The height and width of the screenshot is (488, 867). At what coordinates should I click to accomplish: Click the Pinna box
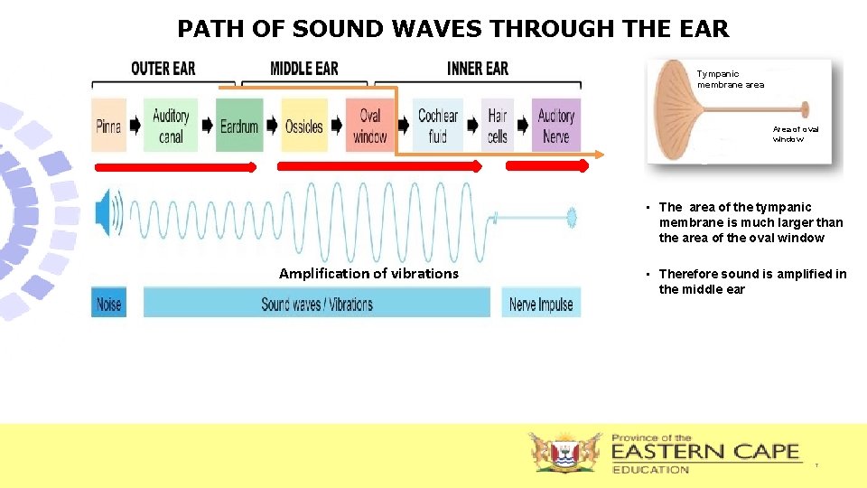click(109, 126)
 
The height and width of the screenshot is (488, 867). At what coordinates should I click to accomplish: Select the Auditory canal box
click(171, 126)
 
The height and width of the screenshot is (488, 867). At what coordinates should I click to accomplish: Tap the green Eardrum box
click(239, 126)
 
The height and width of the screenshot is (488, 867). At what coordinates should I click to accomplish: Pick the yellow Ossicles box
click(304, 126)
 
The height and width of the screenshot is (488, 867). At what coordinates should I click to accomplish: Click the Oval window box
click(370, 126)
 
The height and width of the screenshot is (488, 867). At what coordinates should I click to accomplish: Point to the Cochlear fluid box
click(438, 126)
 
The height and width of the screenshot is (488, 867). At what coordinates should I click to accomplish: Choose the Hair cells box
click(498, 126)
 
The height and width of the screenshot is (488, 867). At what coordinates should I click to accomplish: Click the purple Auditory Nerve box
click(556, 126)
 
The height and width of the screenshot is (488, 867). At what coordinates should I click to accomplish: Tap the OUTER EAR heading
click(163, 69)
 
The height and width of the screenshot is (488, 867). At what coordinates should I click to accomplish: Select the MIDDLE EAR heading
click(304, 69)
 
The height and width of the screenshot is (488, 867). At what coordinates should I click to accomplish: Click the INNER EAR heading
click(477, 69)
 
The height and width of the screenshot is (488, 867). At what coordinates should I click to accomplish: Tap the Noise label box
click(108, 304)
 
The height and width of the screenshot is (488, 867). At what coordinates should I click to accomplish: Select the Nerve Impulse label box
click(541, 304)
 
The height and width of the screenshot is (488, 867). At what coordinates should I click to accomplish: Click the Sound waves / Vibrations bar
click(317, 304)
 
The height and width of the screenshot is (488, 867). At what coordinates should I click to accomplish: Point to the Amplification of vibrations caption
click(368, 273)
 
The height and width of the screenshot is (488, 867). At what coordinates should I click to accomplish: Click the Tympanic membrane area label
click(730, 80)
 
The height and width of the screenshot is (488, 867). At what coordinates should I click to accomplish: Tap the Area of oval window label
click(796, 135)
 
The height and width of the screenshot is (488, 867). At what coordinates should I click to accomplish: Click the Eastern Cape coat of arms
click(564, 452)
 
